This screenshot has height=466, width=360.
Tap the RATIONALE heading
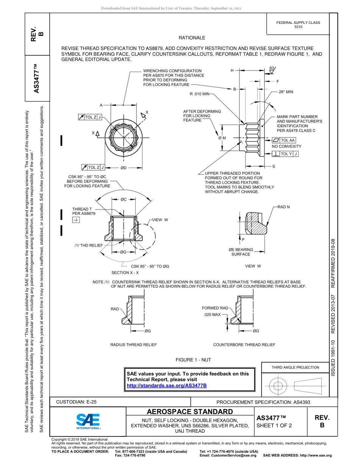(192, 38)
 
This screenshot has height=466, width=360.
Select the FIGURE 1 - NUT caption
(193, 360)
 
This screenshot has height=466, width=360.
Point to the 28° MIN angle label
(286, 92)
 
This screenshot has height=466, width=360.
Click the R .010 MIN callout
(200, 94)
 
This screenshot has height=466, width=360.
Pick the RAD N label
(283, 207)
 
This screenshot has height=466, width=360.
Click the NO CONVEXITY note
(286, 146)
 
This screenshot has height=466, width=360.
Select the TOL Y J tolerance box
(285, 154)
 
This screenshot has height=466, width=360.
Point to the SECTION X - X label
(125, 273)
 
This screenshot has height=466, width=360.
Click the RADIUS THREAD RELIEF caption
(133, 345)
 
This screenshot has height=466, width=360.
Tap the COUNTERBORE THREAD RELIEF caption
(244, 345)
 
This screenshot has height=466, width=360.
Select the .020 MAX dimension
(212, 315)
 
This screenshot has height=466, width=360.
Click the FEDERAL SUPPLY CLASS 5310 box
(298, 25)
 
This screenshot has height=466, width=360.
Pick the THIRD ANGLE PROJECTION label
(295, 367)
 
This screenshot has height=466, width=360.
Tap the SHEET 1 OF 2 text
(274, 425)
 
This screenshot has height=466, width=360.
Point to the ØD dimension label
(123, 167)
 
